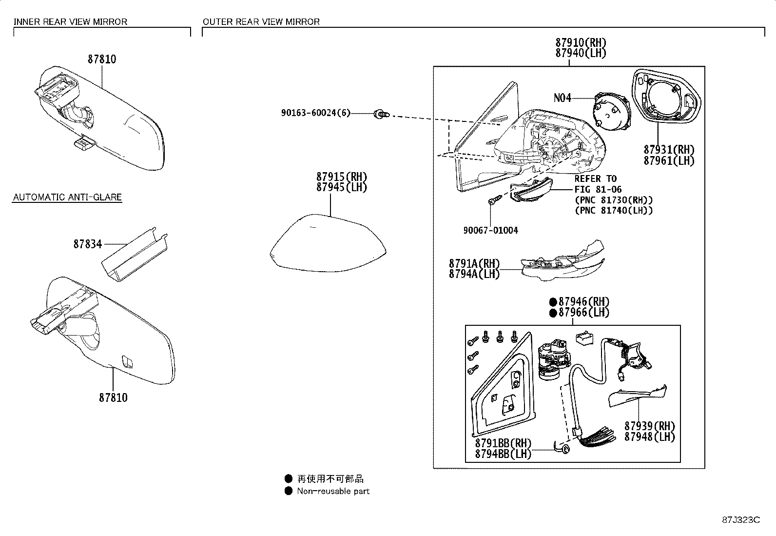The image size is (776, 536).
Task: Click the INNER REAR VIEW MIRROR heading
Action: [70, 22]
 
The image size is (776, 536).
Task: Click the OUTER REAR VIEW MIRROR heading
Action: [261, 22]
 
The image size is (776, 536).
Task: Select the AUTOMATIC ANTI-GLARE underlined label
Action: [67, 198]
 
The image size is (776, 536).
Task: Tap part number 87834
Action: [88, 244]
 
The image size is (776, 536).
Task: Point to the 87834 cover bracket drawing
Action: [136, 254]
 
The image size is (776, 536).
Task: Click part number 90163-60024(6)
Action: [315, 113]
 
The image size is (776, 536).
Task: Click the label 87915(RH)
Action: [341, 177]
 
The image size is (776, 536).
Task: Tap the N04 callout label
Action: [562, 98]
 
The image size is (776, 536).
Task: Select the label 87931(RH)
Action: [669, 150]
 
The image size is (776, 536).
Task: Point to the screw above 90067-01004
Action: [493, 200]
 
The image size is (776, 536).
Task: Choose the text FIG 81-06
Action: [598, 189]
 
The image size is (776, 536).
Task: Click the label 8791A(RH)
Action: [474, 263]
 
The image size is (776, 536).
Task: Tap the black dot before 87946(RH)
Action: [553, 302]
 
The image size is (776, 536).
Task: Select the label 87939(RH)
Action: [650, 426]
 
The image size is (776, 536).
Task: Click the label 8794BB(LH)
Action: [503, 454]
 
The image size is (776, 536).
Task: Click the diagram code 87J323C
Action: [741, 519]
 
